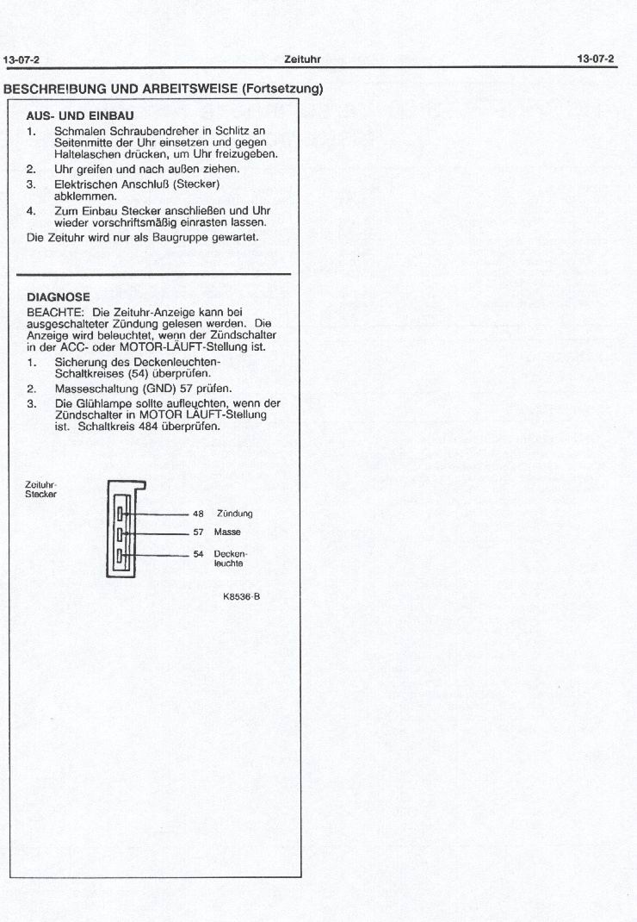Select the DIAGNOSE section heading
(59, 297)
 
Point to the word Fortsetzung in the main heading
(281, 88)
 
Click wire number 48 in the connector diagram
(197, 514)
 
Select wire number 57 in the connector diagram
(197, 533)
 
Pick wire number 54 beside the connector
(197, 553)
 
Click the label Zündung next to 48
(234, 514)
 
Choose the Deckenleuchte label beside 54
(230, 558)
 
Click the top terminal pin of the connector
(121, 514)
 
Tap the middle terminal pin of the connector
(121, 534)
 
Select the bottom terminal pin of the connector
(121, 556)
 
